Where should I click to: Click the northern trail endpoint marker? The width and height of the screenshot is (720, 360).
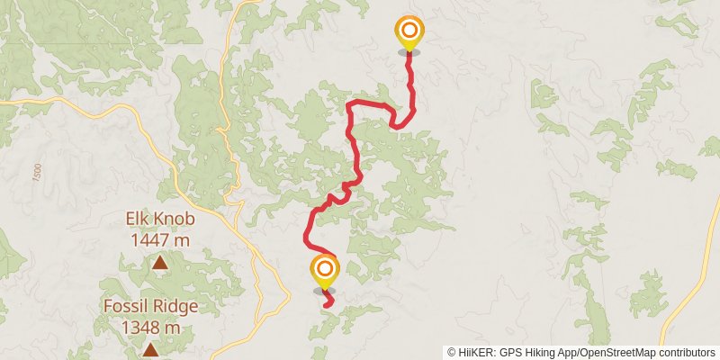point(409,32)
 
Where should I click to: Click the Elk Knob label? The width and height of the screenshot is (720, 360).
point(160,219)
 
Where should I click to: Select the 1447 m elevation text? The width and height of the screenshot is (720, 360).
point(160,239)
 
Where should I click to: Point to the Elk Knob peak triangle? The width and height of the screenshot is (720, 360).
point(159,263)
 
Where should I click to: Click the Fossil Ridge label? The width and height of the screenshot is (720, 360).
point(150,306)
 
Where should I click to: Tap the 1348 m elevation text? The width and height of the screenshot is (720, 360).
point(150,328)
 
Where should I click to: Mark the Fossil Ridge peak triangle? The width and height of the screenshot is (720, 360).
point(150,349)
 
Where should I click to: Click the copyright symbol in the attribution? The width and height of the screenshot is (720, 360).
point(452,352)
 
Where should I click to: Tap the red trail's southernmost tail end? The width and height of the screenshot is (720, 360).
point(325,306)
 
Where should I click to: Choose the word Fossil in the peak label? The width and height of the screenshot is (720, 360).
point(125,306)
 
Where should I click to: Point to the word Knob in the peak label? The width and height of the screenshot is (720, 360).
point(175,219)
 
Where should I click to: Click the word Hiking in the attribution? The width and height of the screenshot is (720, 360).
point(541,352)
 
